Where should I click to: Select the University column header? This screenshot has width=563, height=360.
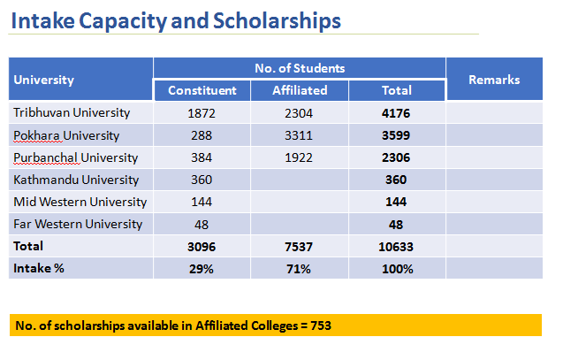43,80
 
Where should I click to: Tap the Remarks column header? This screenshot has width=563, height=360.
493,80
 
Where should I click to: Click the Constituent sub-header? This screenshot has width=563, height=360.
202,90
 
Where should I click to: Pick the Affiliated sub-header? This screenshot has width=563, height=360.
300,90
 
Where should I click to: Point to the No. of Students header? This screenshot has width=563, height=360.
300,68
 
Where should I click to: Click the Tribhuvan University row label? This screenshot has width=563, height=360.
72,113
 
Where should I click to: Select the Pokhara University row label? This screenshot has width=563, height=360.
66,135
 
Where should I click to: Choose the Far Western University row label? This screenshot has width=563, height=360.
78,224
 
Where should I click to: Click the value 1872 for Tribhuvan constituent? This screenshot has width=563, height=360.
202,113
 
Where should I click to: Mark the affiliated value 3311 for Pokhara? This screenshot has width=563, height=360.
300,135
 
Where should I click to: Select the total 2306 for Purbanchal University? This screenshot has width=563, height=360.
396,157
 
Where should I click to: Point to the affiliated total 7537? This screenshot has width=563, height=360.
300,246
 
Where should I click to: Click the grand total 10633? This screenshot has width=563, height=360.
396,246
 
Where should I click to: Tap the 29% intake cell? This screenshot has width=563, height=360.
202,268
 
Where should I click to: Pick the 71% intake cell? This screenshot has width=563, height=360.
300,268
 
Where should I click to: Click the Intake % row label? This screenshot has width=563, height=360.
38,268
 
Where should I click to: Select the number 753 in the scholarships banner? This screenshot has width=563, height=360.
321,326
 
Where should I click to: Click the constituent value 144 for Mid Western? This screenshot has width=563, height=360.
202,202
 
